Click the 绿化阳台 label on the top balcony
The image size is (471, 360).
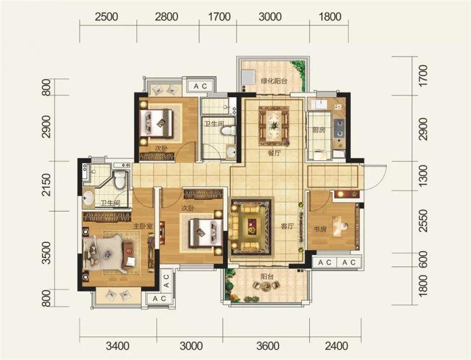pyautogui.click(x=274, y=81)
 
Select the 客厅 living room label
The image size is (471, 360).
pyautogui.click(x=287, y=226)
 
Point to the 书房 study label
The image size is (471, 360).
pyautogui.click(x=320, y=229)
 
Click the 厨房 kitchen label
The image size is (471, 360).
pyautogui.click(x=319, y=130)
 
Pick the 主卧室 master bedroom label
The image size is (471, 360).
pyautogui.click(x=143, y=226)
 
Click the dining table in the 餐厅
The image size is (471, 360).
pyautogui.click(x=274, y=125)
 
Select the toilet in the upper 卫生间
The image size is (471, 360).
pyautogui.click(x=228, y=131)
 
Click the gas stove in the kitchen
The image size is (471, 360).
pyautogui.click(x=340, y=128)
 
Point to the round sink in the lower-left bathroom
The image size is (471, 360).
pyautogui.click(x=88, y=198)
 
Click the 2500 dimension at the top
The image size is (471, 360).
pyautogui.click(x=107, y=16)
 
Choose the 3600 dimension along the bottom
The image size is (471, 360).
pyautogui.click(x=268, y=346)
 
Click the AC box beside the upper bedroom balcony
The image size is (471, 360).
pyautogui.click(x=200, y=86)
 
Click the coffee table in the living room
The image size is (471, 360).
pyautogui.click(x=252, y=226)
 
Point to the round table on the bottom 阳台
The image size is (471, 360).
pyautogui.click(x=266, y=288)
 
